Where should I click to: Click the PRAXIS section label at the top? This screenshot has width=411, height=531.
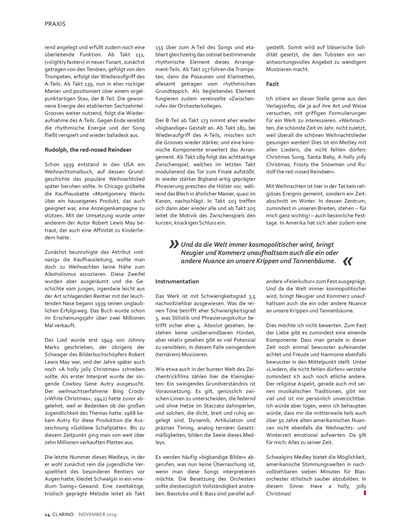pos(55,24)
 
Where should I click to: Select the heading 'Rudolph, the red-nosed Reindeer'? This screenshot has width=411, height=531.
pos(88,150)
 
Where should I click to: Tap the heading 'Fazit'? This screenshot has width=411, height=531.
pos(273,84)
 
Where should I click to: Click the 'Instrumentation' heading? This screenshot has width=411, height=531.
pos(177,281)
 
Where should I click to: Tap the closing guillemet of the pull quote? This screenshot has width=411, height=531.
pos(347,262)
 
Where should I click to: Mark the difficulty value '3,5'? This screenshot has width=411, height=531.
pos(252,296)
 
